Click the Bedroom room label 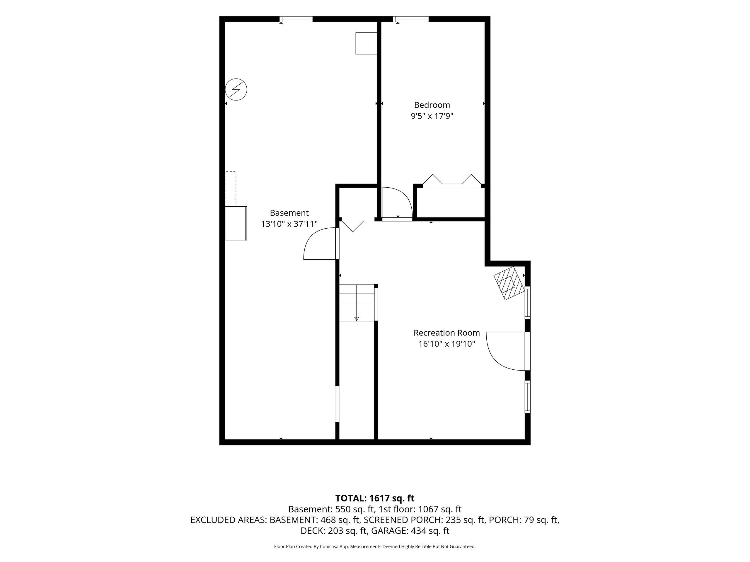coord(432,105)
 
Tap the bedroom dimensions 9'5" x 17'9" coord(432,116)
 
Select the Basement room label coord(289,213)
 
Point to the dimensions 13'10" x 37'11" coord(289,224)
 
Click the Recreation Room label coord(446,333)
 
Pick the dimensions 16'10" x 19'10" coord(446,344)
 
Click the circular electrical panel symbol coord(236,90)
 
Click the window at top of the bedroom coord(411,19)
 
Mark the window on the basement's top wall coord(296,19)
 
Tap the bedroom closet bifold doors coord(452,181)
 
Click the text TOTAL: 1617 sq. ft coord(375,498)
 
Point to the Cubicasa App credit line coord(375,546)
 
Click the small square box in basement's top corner coord(366,43)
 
